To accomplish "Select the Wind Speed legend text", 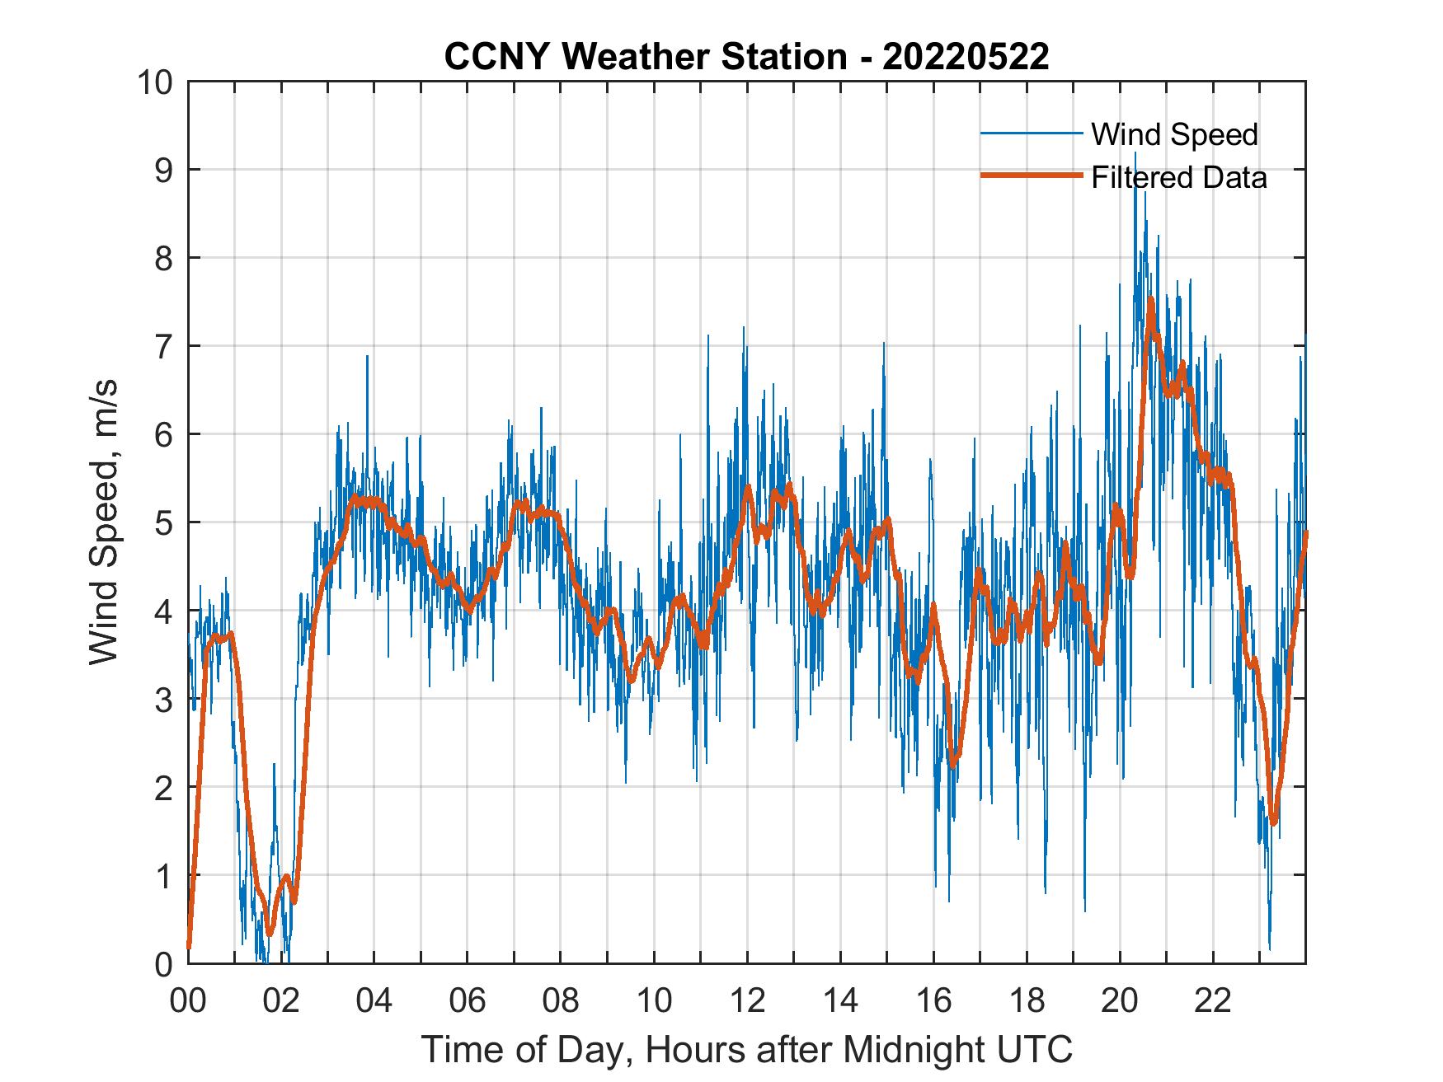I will click(1174, 134).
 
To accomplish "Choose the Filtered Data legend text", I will click(1178, 177).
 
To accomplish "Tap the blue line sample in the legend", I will click(1031, 133).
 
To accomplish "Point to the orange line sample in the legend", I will click(1031, 176).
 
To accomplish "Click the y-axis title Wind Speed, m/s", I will click(104, 522).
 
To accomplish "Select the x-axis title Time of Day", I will click(746, 1050).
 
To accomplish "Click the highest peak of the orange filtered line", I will click(1150, 300).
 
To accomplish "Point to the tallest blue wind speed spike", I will click(1135, 153).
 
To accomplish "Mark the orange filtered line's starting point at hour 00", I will click(189, 948).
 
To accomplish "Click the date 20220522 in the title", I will click(966, 57).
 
